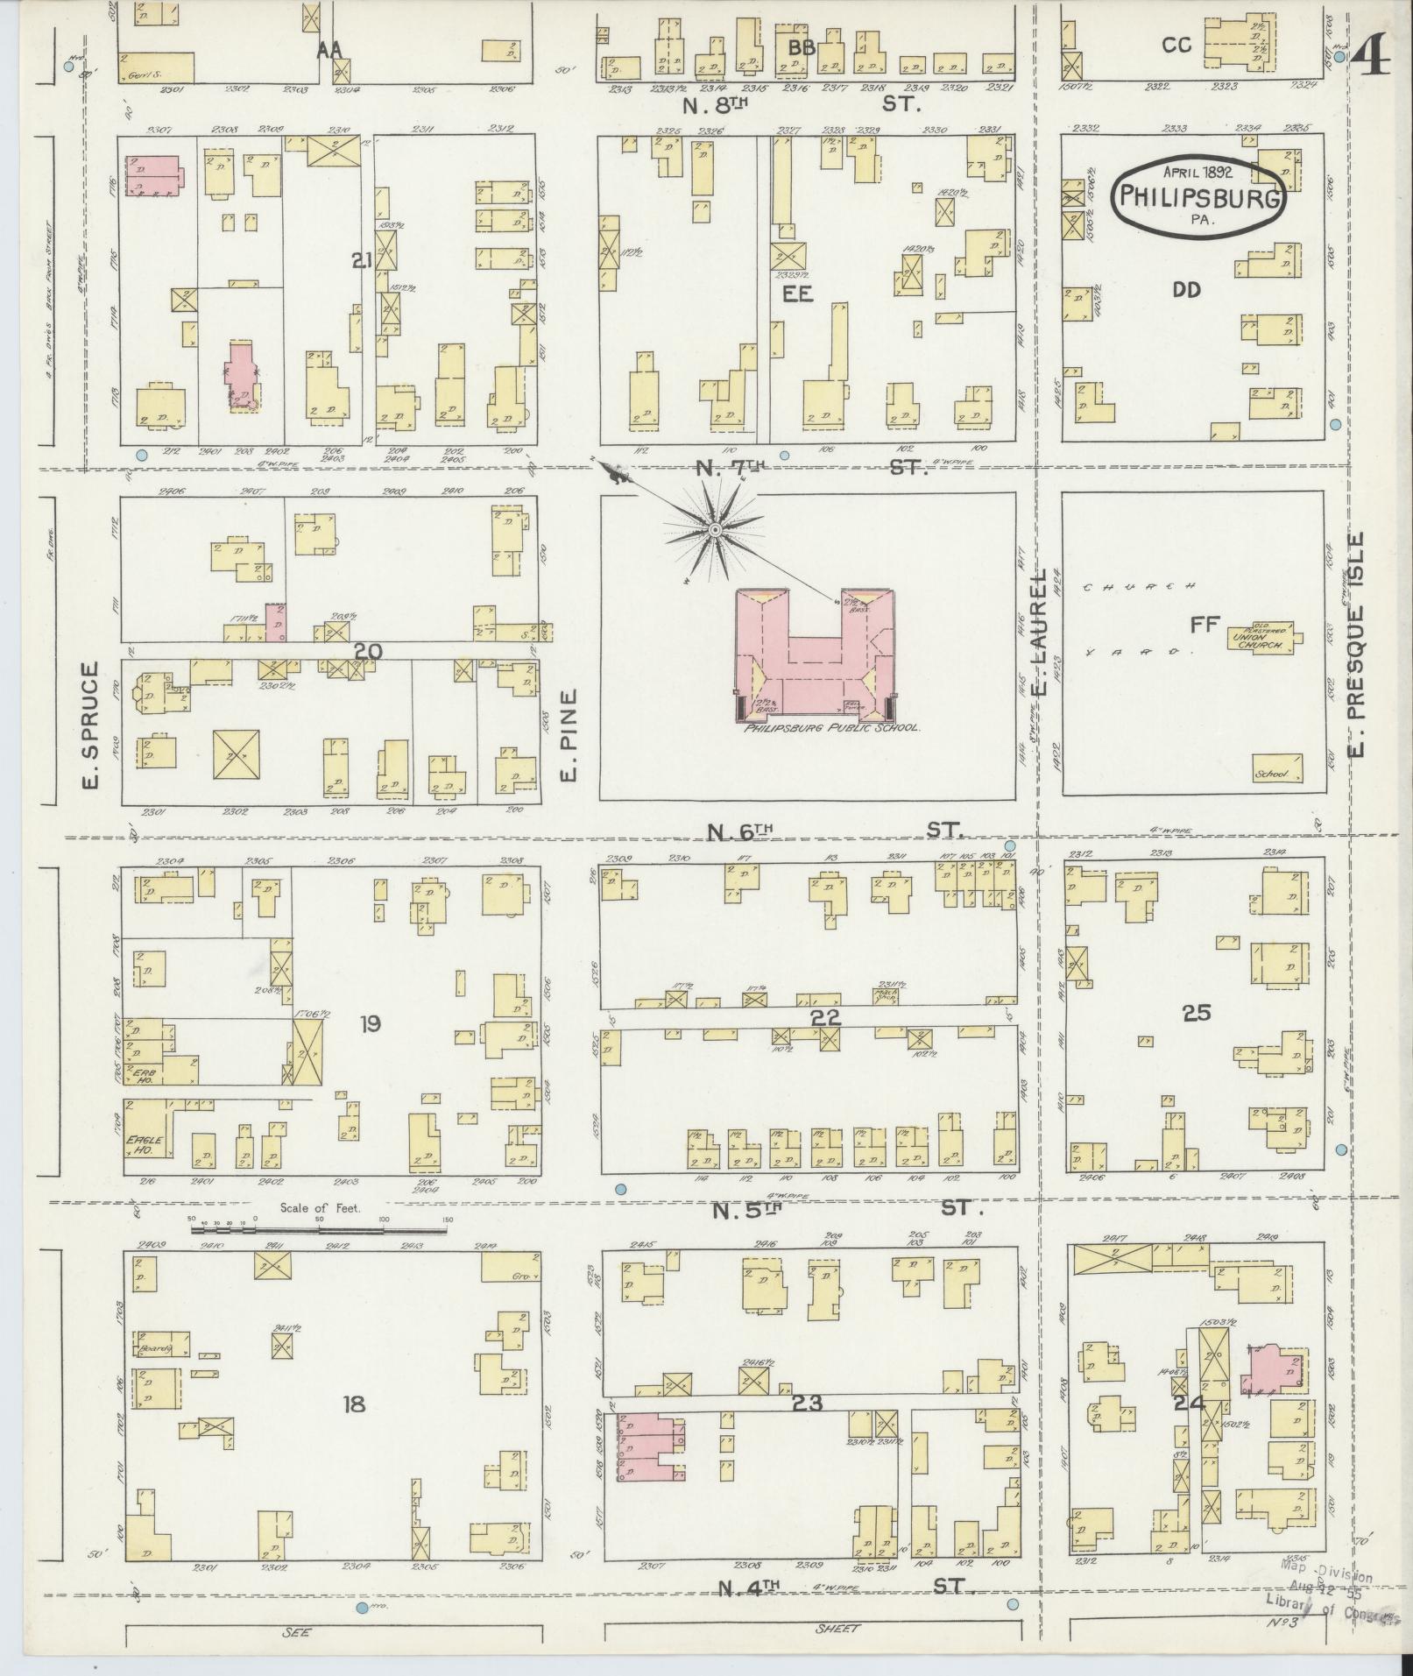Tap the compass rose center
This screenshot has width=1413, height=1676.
(x=714, y=529)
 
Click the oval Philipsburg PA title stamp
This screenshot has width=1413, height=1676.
(x=1199, y=197)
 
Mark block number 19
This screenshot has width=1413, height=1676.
(x=370, y=1022)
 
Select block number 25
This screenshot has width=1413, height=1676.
(x=1196, y=1013)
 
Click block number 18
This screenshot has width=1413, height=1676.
(x=354, y=1405)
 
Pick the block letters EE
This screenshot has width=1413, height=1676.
(x=798, y=294)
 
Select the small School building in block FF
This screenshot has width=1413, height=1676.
(x=1275, y=768)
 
